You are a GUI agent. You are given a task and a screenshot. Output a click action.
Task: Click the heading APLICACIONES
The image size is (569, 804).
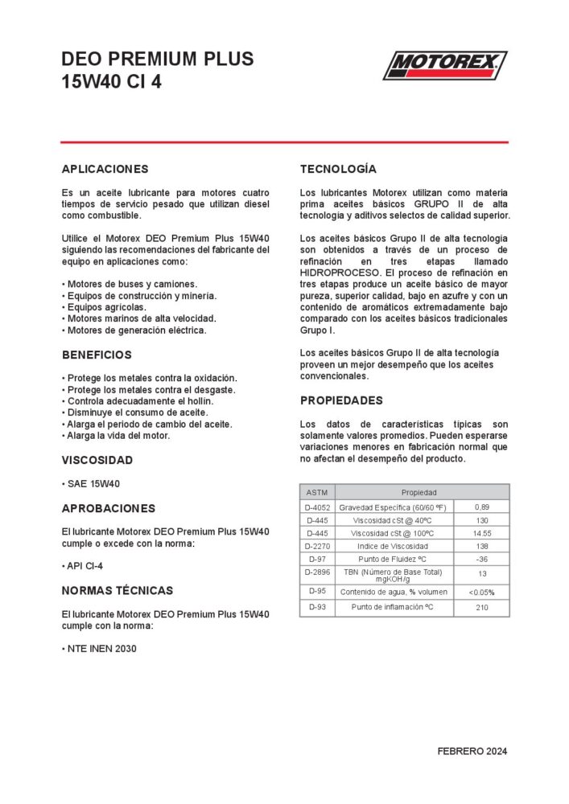point(105,170)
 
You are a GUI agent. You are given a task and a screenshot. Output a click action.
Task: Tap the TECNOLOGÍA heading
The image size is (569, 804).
point(338,170)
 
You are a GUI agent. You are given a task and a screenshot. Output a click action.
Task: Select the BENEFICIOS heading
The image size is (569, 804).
point(97,355)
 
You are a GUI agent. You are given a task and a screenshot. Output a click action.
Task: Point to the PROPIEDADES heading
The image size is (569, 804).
point(341,400)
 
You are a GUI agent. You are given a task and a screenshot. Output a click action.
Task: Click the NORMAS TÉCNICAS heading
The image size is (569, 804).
point(118,590)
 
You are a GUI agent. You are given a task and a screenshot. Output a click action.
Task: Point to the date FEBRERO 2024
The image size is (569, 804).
point(472,752)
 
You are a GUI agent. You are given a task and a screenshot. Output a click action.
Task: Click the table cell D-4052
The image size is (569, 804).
point(318,507)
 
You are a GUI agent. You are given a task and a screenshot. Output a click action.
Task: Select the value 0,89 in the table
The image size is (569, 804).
point(482,507)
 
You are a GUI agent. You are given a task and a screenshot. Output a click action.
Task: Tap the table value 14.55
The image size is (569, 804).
point(482,533)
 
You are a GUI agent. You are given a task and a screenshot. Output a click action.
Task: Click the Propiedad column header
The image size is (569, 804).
point(419,492)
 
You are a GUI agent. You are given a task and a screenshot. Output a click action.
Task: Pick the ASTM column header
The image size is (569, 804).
point(317,492)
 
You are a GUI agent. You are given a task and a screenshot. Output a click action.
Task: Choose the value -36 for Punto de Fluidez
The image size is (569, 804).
point(482,559)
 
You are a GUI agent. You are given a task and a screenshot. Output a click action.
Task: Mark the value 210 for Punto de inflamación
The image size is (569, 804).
point(482,607)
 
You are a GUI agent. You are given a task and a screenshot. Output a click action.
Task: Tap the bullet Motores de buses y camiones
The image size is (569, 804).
point(132,285)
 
